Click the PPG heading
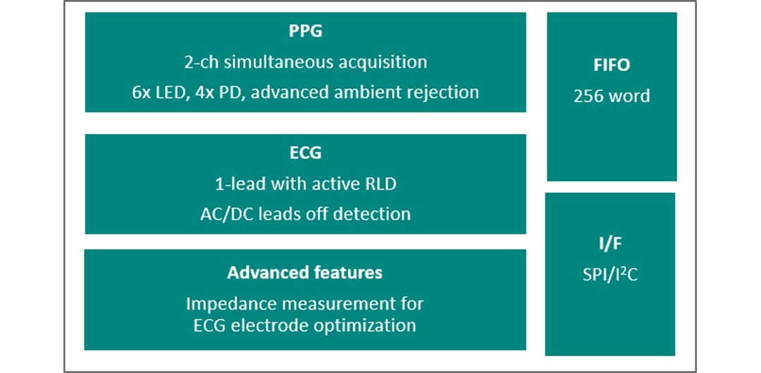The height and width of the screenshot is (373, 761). coord(305,32)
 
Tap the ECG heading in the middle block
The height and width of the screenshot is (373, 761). coord(305,153)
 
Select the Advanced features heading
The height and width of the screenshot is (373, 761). coord(305,272)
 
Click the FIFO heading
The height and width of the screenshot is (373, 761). coord(611,66)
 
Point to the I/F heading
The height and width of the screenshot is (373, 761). coord(610,244)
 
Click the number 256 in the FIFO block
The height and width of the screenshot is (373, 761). coord(589,96)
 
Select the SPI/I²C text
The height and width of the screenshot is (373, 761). coord(610,274)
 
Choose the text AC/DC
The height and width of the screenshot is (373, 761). coord(224,214)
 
